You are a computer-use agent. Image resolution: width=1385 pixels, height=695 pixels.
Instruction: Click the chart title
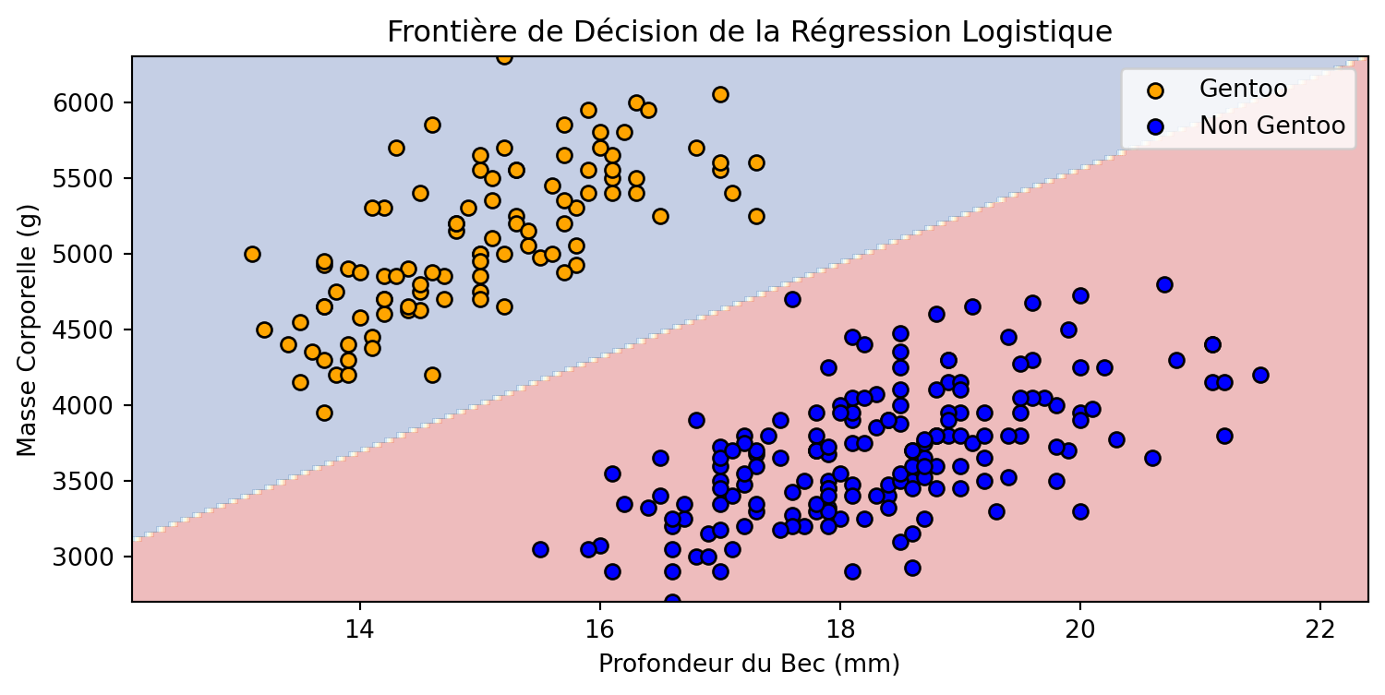pyautogui.click(x=749, y=31)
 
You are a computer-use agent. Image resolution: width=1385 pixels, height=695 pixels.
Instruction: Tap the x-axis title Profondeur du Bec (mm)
pyautogui.click(x=749, y=664)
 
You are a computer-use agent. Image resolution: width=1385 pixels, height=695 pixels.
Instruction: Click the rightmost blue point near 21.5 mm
pyautogui.click(x=1260, y=375)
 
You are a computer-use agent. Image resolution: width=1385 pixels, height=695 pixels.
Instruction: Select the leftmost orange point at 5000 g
pyautogui.click(x=252, y=254)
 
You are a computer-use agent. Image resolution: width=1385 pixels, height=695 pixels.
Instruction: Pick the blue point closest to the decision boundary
pyautogui.click(x=792, y=299)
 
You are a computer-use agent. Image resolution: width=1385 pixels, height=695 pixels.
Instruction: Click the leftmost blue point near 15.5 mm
pyautogui.click(x=540, y=549)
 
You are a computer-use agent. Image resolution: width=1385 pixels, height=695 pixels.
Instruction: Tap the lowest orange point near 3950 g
pyautogui.click(x=324, y=413)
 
